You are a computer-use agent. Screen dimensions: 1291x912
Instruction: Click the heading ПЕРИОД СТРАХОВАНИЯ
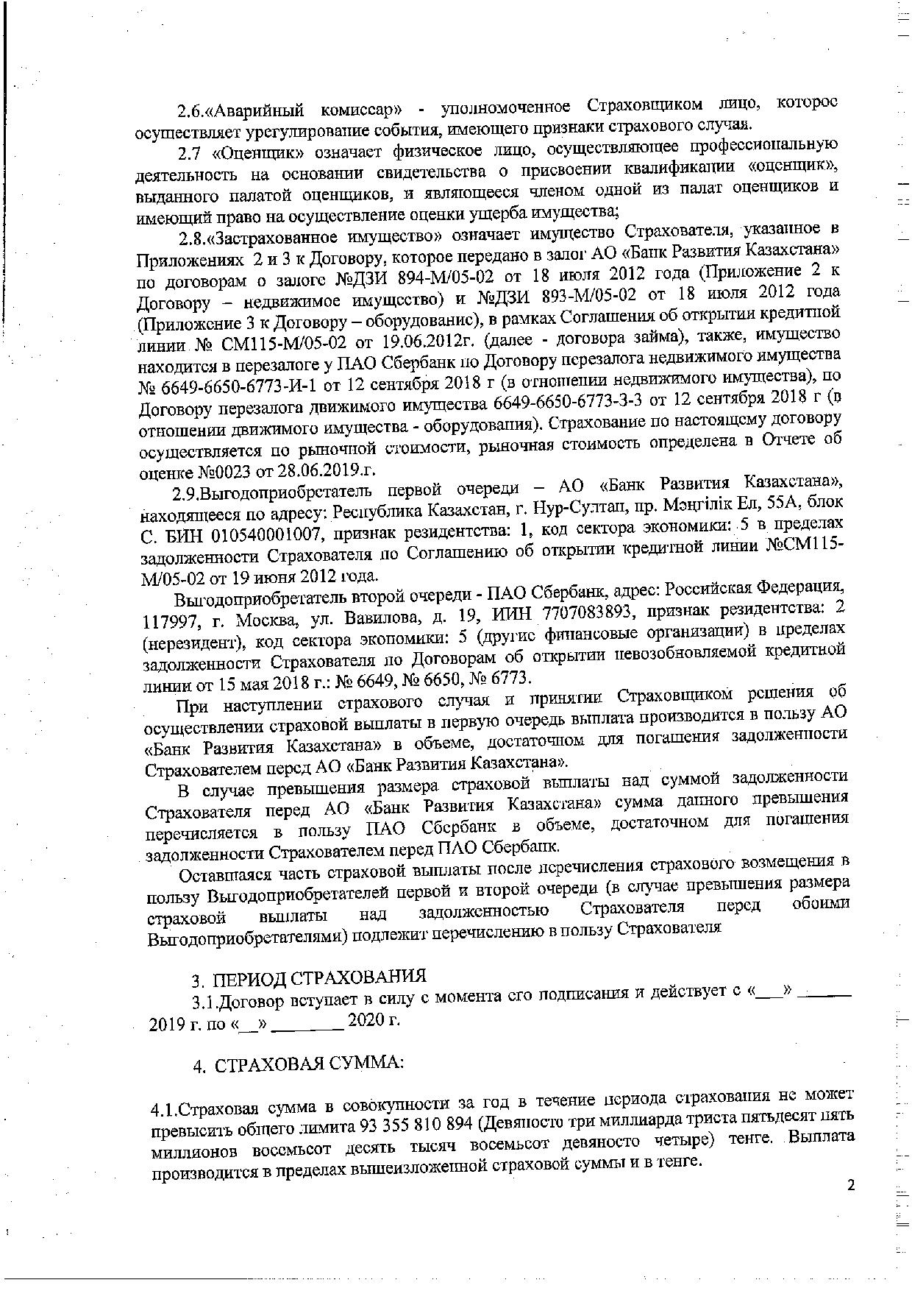pyautogui.click(x=319, y=978)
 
